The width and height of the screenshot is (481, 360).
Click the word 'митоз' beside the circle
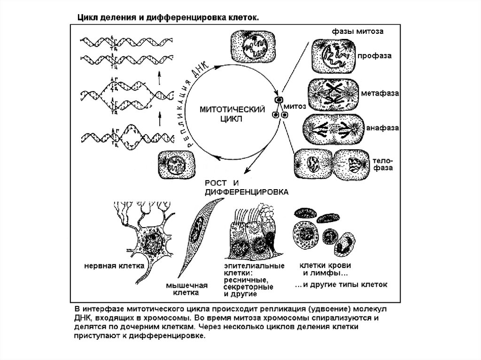tap(296, 106)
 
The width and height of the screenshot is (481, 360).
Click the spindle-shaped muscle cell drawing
tap(197, 235)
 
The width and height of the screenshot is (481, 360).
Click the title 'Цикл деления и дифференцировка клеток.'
tap(164, 17)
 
